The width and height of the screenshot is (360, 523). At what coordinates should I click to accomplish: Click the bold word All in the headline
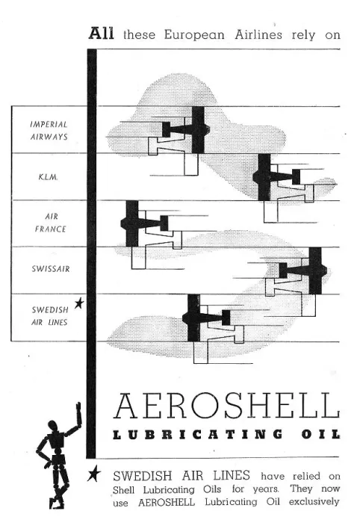(x=101, y=34)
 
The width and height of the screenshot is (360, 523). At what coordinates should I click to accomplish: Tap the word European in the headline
(x=194, y=35)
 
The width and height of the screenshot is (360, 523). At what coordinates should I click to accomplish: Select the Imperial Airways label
(x=49, y=131)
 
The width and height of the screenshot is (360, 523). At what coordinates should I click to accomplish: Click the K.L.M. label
(x=48, y=177)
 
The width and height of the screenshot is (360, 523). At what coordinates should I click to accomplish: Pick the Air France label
(x=51, y=223)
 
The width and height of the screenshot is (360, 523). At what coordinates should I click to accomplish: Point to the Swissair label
(x=51, y=268)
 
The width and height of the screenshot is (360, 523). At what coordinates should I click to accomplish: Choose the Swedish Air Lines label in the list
(x=49, y=316)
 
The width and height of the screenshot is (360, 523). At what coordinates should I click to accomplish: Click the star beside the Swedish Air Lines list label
(x=79, y=303)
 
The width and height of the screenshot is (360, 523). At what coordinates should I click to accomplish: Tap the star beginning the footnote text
(x=93, y=474)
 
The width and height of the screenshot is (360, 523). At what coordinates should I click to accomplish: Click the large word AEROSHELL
(x=226, y=406)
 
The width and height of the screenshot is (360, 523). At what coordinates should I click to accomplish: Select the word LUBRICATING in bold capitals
(x=198, y=434)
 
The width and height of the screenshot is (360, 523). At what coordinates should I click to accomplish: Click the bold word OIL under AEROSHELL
(x=321, y=434)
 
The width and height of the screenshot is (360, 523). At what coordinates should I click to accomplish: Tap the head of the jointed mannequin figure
(x=54, y=426)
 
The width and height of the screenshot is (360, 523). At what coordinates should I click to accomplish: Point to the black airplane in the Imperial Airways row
(x=186, y=130)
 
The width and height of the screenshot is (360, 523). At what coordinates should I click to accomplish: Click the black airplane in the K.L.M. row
(x=276, y=177)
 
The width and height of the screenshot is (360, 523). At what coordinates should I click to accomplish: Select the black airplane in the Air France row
(x=144, y=223)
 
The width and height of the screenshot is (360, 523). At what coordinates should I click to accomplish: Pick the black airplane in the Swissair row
(x=302, y=270)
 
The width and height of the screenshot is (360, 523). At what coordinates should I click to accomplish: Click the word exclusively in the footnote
(x=314, y=501)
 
